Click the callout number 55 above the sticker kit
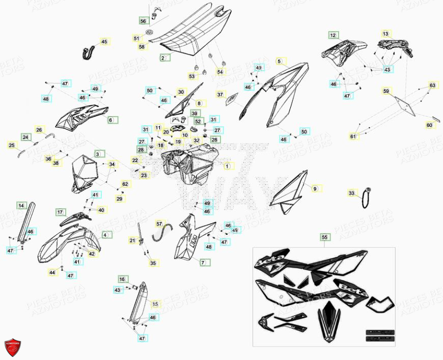point(324,237)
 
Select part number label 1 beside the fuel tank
point(228,166)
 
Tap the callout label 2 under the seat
point(163,58)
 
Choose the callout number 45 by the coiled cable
point(104,42)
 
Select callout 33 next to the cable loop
point(351,193)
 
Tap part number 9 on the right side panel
point(315,189)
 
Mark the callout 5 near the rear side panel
point(279,61)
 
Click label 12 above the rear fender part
point(333,35)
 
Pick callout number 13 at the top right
point(385,34)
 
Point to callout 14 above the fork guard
point(21,206)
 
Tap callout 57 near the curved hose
point(159,224)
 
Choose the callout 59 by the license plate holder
point(386,92)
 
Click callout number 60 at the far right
point(429,125)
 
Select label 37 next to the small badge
point(220,95)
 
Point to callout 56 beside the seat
point(143,21)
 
